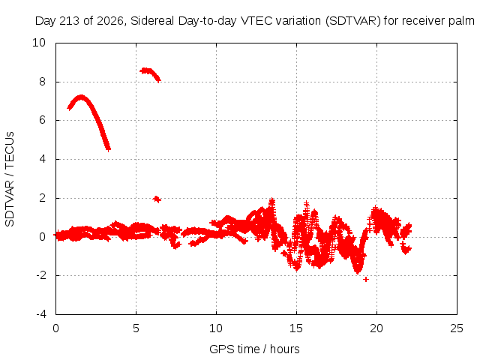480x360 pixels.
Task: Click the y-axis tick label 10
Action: (x=39, y=43)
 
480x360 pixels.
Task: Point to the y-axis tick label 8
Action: (x=42, y=82)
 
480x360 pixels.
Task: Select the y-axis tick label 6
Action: (x=42, y=120)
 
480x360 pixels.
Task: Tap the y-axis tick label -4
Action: (x=41, y=314)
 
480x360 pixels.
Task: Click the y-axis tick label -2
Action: (x=41, y=275)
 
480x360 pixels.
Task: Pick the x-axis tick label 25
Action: (x=457, y=328)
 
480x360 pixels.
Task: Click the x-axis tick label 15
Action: (x=296, y=328)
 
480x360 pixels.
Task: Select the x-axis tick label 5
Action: (x=136, y=328)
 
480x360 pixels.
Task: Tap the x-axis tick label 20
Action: (x=376, y=328)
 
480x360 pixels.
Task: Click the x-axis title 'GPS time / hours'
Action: (x=254, y=349)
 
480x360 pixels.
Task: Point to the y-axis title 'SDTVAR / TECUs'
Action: (x=10, y=179)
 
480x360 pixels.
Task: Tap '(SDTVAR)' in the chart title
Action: (x=353, y=21)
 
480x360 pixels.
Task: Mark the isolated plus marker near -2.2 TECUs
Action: (x=365, y=279)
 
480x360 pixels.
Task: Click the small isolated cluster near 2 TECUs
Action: (x=157, y=199)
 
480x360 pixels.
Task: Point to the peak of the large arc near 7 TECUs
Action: (x=81, y=97)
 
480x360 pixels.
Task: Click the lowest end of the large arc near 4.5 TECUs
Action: (x=108, y=148)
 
